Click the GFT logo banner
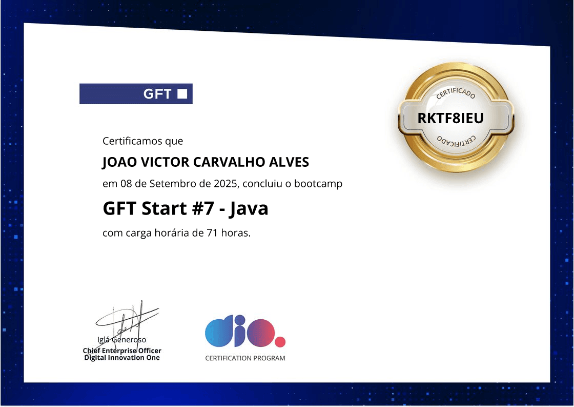(x=136, y=94)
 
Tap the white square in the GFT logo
(x=182, y=94)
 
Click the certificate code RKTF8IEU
(x=450, y=118)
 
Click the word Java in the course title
(x=249, y=209)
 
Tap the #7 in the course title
(x=203, y=208)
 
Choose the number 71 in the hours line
(x=212, y=233)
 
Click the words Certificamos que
(x=143, y=141)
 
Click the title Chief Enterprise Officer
(x=122, y=351)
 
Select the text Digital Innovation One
(x=122, y=358)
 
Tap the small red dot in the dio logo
(x=280, y=342)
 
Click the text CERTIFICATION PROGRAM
(x=245, y=358)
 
